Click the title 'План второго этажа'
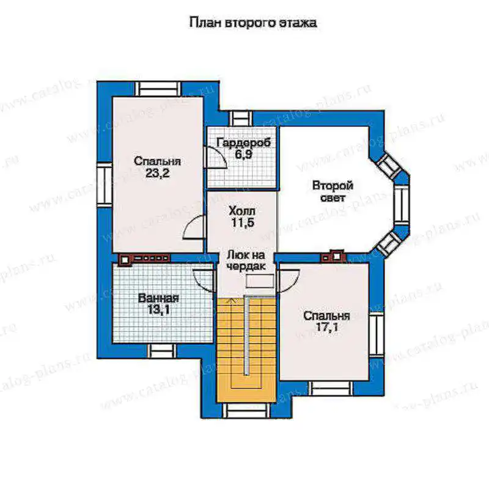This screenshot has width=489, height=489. [253, 23]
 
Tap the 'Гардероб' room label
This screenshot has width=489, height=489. [243, 143]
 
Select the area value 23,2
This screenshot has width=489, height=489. [158, 173]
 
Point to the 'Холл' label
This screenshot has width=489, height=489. [242, 211]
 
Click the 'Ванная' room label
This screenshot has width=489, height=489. [158, 298]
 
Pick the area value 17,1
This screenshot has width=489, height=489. [327, 328]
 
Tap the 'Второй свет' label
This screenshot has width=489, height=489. [333, 191]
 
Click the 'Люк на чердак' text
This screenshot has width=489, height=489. [246, 260]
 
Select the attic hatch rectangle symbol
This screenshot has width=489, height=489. [260, 281]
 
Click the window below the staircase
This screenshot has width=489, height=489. [247, 410]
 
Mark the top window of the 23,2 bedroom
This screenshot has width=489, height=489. [158, 89]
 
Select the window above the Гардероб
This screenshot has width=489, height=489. [241, 118]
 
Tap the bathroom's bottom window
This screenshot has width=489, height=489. [161, 351]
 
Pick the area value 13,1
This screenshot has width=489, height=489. [158, 310]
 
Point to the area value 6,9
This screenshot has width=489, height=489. [243, 155]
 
